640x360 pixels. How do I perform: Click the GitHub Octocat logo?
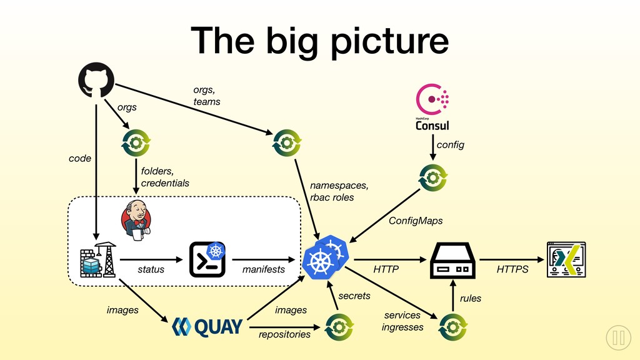(96, 80)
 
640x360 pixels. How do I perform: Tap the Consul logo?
(432, 107)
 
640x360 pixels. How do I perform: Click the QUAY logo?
(207, 327)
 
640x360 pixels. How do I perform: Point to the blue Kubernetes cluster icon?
(326, 257)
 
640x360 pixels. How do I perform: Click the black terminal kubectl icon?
(207, 259)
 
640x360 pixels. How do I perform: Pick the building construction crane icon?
(98, 260)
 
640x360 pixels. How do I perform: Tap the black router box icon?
(452, 261)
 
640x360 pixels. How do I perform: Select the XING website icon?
(566, 259)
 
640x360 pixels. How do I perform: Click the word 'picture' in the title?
(389, 41)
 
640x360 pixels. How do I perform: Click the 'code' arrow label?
(80, 158)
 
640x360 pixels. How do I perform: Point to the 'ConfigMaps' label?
(416, 221)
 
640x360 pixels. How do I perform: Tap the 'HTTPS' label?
(512, 269)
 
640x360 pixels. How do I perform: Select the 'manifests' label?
(264, 269)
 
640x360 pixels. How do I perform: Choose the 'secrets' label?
(354, 296)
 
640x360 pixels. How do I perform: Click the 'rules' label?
(471, 298)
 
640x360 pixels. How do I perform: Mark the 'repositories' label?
(284, 334)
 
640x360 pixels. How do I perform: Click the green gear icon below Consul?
(433, 177)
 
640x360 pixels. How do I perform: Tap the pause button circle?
(618, 337)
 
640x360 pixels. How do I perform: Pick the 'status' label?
(151, 269)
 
